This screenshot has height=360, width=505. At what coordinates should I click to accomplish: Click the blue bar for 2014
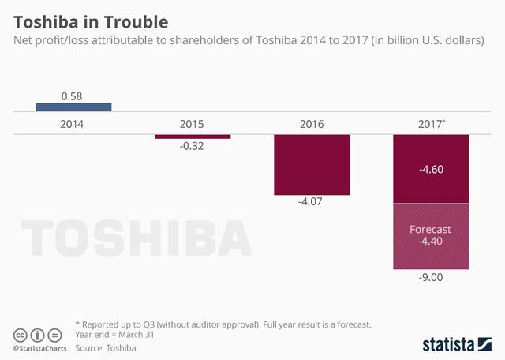[x=73, y=107]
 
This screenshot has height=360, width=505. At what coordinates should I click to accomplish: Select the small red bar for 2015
[x=193, y=137]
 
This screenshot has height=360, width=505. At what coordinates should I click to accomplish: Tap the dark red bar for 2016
[x=312, y=164]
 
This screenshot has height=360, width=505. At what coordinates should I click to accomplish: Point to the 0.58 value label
[x=73, y=96]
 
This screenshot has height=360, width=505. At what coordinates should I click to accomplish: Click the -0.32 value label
[x=193, y=147]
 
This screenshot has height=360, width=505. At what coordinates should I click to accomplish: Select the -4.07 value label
[x=312, y=203]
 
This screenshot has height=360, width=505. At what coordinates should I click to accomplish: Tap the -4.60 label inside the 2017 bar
[x=431, y=169]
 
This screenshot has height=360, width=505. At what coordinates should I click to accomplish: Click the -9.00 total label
[x=431, y=277]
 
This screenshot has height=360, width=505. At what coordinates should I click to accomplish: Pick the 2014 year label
[x=73, y=124]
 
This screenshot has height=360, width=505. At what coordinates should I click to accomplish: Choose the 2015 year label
[x=193, y=124]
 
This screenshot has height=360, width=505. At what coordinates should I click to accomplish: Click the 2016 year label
[x=312, y=124]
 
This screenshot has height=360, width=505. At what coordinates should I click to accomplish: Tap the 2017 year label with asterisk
[x=432, y=124]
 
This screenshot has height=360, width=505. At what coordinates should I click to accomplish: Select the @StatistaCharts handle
[x=38, y=347]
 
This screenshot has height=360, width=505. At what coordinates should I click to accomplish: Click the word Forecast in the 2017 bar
[x=431, y=229]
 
